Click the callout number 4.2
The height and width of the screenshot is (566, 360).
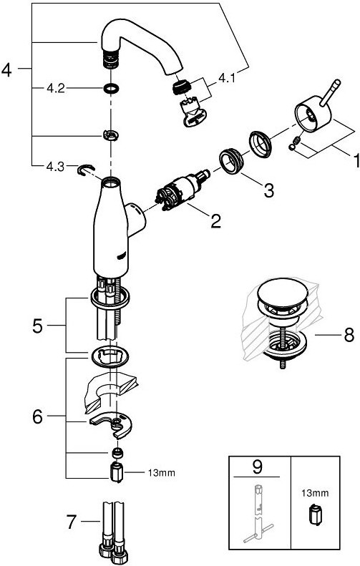[56, 88]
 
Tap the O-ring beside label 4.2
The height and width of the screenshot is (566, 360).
[111, 88]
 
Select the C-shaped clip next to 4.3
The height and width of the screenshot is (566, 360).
[86, 169]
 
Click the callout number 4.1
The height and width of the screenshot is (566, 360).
[226, 77]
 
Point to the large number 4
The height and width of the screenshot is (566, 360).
[6, 69]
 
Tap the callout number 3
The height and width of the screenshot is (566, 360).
[269, 190]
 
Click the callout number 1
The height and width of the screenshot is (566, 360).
[356, 160]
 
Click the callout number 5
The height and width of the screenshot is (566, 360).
[37, 326]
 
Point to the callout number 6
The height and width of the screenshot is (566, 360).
[37, 417]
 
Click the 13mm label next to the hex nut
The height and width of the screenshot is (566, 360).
[162, 472]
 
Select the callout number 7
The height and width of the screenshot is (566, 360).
[71, 521]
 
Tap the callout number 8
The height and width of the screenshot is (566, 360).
[349, 336]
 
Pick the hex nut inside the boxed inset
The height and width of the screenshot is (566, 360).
[315, 514]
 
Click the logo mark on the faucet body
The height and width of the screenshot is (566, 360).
[122, 257]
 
